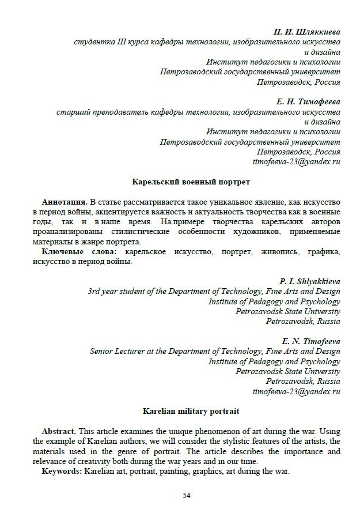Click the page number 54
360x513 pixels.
coord(187,495)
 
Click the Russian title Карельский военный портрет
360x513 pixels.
coord(191,182)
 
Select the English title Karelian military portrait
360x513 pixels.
coord(191,411)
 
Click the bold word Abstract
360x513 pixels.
coord(59,431)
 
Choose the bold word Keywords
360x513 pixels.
coord(62,471)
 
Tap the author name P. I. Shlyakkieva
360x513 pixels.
coord(310,281)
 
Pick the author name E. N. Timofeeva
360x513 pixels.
coord(311,341)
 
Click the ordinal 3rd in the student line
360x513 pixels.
coord(94,292)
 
